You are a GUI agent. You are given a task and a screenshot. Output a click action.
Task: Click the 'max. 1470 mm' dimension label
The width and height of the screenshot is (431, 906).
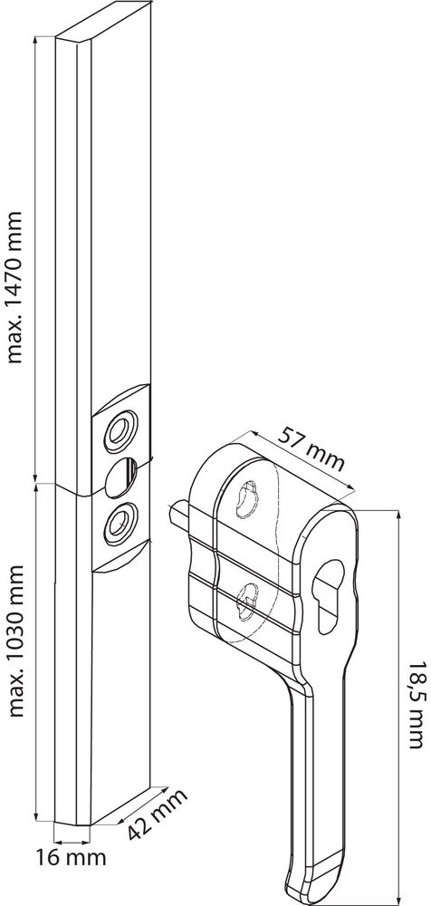click(x=14, y=287)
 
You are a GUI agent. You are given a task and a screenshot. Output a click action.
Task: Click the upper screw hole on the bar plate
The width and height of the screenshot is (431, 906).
click(x=120, y=431)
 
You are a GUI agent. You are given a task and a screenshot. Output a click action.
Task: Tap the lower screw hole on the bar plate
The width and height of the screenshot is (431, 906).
click(x=120, y=523)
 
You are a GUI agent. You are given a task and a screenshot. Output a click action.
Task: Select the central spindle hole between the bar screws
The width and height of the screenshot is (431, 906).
click(x=121, y=477)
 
